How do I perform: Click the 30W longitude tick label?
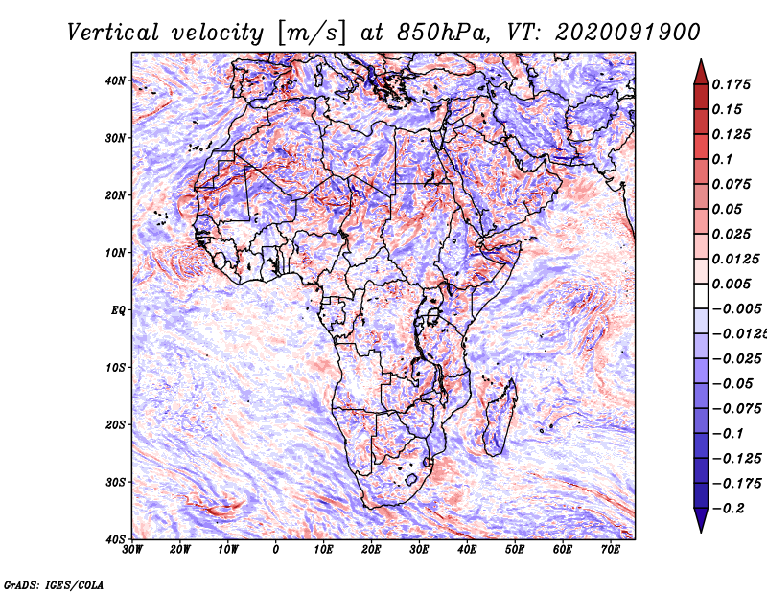[x=132, y=550]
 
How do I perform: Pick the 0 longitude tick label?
[x=276, y=550]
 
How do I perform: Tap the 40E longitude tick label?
[x=467, y=550]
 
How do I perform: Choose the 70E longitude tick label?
[x=611, y=550]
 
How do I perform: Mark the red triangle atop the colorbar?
[x=701, y=70]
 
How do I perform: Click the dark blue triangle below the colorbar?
[x=701, y=521]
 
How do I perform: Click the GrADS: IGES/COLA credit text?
[x=53, y=583]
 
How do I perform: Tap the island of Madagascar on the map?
[x=497, y=418]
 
